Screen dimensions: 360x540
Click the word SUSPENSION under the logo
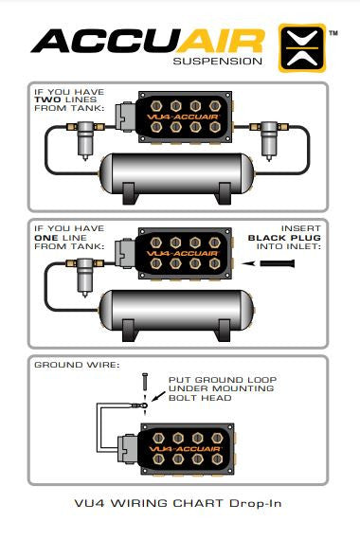pos(217,62)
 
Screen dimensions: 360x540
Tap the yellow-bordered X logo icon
pos(302,48)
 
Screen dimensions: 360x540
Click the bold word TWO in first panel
pos(48,99)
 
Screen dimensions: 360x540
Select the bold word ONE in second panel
pos(46,238)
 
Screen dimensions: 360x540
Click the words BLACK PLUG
pos(284,238)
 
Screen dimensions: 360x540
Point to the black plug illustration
pos(277,263)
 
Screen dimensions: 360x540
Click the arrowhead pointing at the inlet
pos(248,263)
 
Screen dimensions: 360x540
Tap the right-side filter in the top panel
pos(269,140)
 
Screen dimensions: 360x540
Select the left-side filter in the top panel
pos(84,140)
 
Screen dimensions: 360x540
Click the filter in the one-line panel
pos(84,277)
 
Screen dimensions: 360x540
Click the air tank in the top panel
pos(177,178)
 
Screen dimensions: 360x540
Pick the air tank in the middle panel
pos(177,315)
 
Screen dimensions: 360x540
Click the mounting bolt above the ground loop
pos(145,382)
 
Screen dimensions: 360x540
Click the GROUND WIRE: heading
pos(77,365)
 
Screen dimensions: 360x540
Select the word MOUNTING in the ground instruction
pos(243,388)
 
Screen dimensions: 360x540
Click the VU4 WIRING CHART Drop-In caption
pos(178,503)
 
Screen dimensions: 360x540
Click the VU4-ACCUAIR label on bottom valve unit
pos(186,449)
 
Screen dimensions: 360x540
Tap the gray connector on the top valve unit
pos(126,117)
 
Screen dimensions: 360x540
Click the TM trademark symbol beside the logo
pos(333,33)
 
